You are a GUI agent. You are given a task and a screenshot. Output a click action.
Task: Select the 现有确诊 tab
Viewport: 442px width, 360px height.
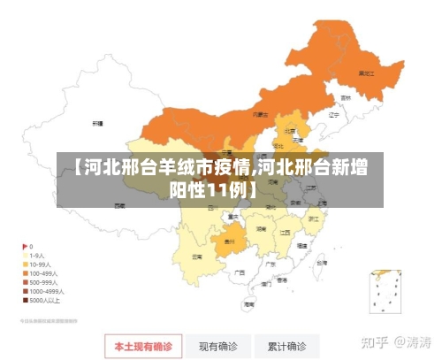[217, 346]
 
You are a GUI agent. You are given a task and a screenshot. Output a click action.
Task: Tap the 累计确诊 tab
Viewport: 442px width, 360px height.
[287, 346]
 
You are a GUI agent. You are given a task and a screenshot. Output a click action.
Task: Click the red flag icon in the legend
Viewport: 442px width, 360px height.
[24, 246]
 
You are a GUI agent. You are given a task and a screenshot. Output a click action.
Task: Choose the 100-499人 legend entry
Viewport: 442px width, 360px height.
[42, 273]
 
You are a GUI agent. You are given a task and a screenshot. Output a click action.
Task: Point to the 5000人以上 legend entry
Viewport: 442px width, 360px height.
[42, 300]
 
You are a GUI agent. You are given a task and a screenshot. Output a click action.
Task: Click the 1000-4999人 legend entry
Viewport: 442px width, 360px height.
[44, 291]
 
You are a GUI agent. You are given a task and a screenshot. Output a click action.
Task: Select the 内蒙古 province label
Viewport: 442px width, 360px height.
[260, 114]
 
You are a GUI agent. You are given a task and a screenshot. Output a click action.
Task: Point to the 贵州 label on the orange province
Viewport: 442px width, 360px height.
[229, 240]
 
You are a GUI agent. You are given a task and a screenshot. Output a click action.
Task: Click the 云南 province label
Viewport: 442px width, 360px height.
[196, 257]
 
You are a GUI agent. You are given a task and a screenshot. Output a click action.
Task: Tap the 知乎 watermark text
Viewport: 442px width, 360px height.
[378, 341]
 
